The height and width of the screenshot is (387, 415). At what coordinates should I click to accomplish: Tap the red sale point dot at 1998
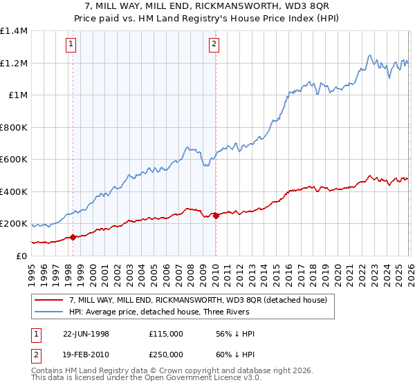(73, 238)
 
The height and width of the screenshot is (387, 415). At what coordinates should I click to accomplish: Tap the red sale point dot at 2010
(216, 216)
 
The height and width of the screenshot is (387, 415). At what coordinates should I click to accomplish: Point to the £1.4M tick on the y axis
(14, 31)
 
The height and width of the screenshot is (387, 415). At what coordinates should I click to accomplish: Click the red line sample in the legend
(50, 300)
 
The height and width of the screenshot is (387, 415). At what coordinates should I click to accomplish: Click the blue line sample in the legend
(50, 312)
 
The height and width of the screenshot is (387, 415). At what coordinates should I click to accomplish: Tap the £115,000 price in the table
(165, 334)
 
